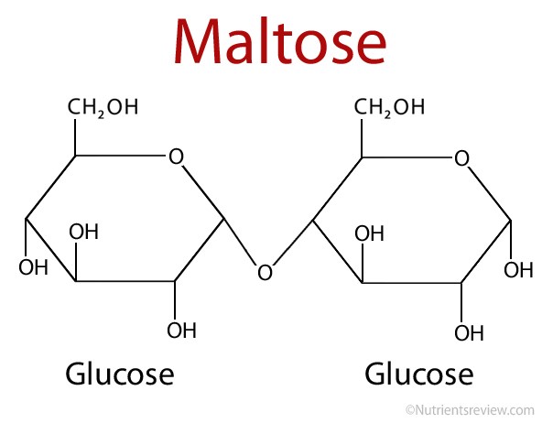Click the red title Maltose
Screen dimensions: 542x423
[x=280, y=41]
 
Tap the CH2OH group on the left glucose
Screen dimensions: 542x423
[x=103, y=107]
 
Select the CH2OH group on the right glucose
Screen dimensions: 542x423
[x=389, y=107]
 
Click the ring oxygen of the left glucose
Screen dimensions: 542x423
[x=176, y=157]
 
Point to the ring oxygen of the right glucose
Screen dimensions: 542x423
[x=461, y=158]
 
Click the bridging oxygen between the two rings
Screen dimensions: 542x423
[x=266, y=272]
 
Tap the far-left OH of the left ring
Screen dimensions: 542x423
[x=33, y=267]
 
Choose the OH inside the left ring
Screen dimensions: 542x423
[x=83, y=232]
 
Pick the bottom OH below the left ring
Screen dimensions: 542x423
[x=182, y=330]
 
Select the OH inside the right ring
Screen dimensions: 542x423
[x=370, y=233]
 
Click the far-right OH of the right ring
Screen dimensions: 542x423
[x=518, y=270]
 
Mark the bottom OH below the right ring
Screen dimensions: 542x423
[x=469, y=332]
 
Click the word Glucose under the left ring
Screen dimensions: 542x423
[x=120, y=374]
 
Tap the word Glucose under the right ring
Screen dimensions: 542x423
[x=419, y=374]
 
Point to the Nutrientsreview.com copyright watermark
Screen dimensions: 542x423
[x=470, y=410]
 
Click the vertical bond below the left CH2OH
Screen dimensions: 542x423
[x=75, y=137]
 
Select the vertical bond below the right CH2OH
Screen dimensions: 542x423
[x=362, y=138]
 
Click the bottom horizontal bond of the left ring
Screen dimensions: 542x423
[x=125, y=281]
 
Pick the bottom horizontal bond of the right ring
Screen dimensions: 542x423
[x=412, y=283]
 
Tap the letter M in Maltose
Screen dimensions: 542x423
[x=197, y=42]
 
